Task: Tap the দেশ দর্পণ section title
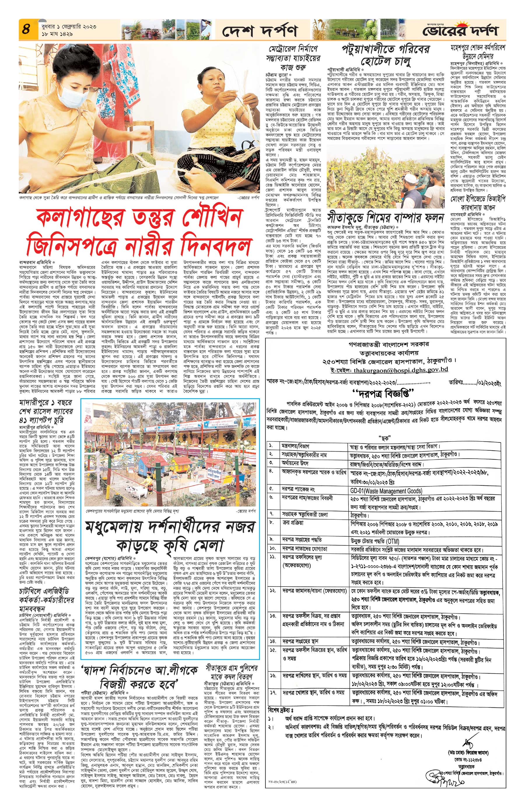click(x=260, y=31)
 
